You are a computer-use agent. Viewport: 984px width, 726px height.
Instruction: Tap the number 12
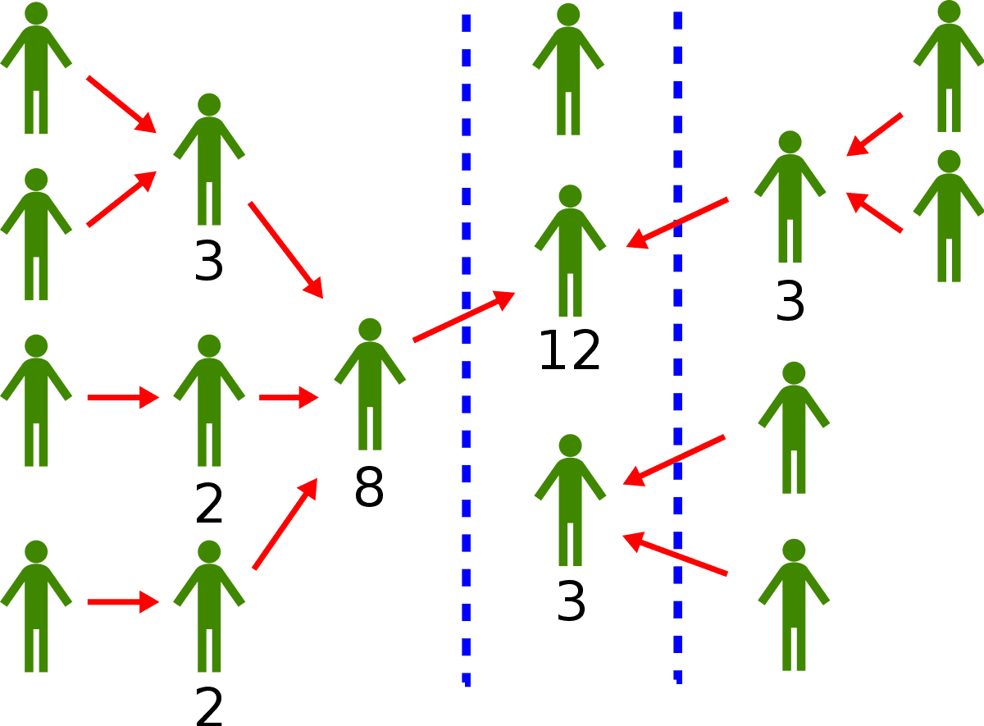[x=570, y=351]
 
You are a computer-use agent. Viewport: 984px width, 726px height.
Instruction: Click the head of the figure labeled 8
[x=370, y=330]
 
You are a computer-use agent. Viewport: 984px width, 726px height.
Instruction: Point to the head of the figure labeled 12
[x=570, y=197]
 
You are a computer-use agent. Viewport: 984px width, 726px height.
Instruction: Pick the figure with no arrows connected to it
[x=568, y=70]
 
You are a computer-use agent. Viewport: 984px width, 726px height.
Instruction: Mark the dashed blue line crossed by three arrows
[x=678, y=345]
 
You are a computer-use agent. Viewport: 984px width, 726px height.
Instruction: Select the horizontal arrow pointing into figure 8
[x=288, y=398]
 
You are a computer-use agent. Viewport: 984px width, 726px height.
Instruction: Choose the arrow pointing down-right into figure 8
[x=285, y=249]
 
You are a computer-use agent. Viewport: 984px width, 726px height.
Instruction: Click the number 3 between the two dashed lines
[x=571, y=603]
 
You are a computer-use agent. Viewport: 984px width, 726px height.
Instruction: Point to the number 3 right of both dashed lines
[x=790, y=302]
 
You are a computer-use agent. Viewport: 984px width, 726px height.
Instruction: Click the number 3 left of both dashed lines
[x=209, y=263]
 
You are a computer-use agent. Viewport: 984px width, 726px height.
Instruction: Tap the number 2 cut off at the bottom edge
[x=209, y=706]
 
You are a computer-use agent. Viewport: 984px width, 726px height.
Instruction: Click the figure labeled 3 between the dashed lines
[x=570, y=500]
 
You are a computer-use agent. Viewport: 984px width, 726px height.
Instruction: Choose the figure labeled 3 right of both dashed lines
[x=790, y=197]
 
